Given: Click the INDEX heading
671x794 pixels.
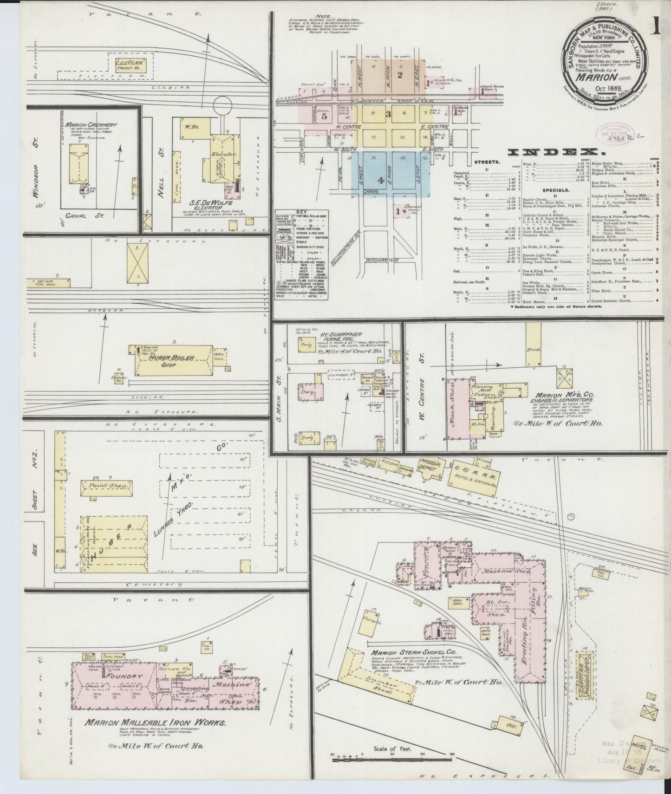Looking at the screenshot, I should click(x=553, y=152).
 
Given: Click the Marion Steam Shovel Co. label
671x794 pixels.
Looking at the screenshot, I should click(x=413, y=651).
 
